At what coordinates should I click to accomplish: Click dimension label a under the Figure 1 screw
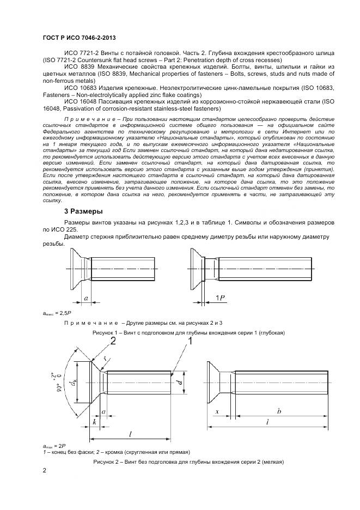pos(86,298)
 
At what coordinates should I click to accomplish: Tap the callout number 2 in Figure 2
pos(113,342)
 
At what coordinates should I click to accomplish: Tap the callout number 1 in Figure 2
pos(191,342)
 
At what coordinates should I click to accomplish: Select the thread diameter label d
pos(179,383)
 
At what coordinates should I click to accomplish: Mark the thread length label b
pos(278,412)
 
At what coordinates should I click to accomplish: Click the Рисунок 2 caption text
pos(188,462)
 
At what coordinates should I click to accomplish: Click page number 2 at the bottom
pos(45,471)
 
